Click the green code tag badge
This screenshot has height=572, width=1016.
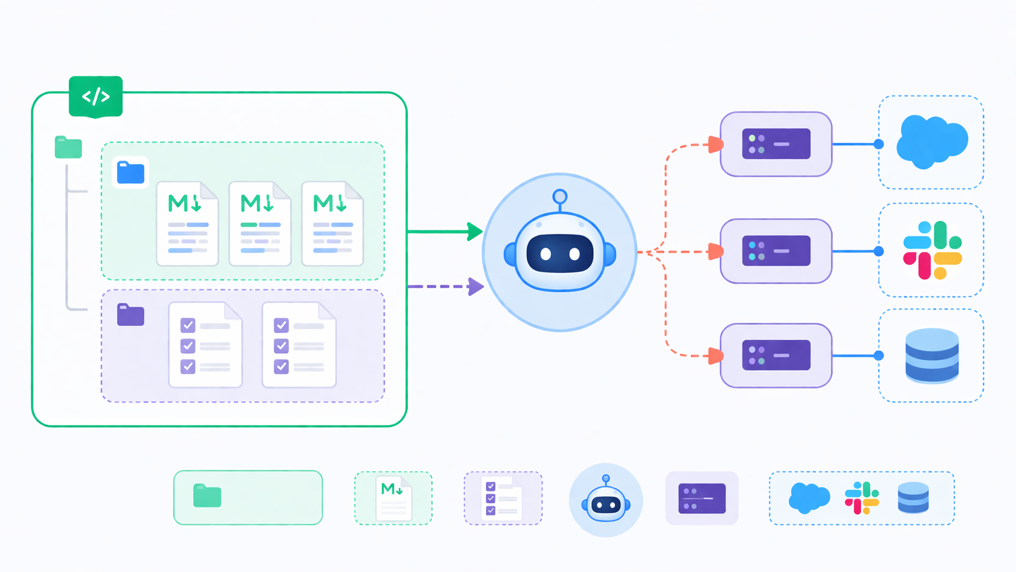[x=95, y=96]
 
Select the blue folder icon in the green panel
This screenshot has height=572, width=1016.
[x=131, y=173]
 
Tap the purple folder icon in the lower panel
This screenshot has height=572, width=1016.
[x=131, y=315]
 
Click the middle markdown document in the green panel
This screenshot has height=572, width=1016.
[x=260, y=224]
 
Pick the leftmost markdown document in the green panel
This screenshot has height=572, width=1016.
[x=187, y=224]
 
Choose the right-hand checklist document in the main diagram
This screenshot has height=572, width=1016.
[x=299, y=345]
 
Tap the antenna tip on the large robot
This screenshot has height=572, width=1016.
[x=560, y=196]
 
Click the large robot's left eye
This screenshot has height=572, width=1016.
[x=546, y=254]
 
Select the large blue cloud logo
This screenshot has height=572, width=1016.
[x=931, y=142]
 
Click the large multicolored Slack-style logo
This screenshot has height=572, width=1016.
[x=932, y=250]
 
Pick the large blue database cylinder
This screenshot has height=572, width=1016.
[x=932, y=356]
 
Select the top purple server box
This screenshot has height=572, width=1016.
[x=776, y=144]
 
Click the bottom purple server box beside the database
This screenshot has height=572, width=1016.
[x=776, y=356]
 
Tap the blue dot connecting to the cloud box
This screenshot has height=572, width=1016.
[x=879, y=144]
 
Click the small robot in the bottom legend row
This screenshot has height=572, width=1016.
[x=606, y=500]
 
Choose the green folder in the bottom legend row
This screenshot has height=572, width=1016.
[x=207, y=496]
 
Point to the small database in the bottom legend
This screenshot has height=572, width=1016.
[x=913, y=498]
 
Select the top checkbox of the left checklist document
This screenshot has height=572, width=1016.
[x=188, y=325]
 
